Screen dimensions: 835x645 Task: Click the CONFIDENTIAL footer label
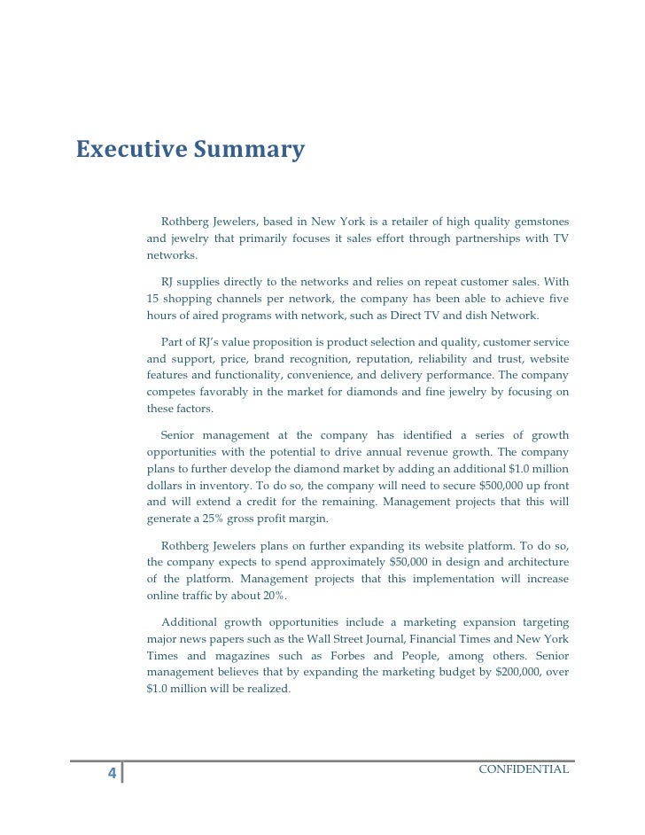(523, 768)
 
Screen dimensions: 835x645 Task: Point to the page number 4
(112, 773)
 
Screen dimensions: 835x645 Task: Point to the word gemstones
(535, 221)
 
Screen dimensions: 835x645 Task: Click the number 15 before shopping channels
(153, 299)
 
